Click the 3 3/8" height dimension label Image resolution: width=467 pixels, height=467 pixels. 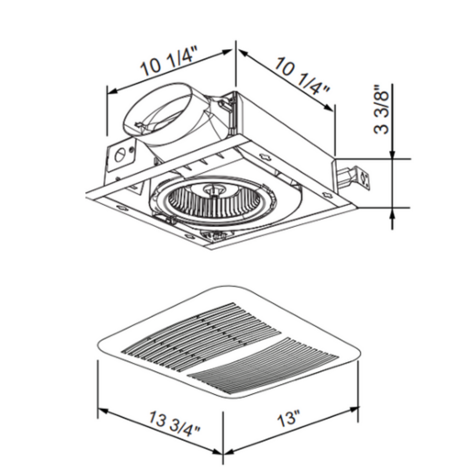click(x=381, y=109)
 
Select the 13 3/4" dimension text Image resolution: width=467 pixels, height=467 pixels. click(x=174, y=424)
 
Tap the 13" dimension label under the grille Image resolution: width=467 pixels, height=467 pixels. click(x=289, y=418)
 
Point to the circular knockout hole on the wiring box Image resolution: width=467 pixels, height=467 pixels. click(x=120, y=155)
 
